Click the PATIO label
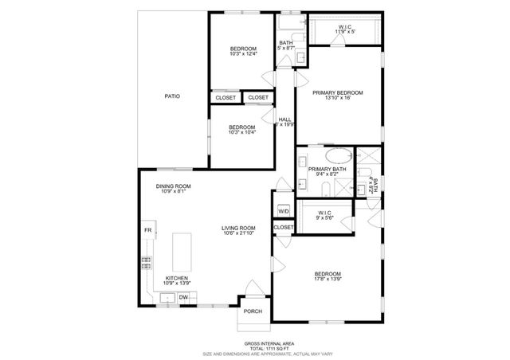(172, 96)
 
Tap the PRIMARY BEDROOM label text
(337, 93)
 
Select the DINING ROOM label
(173, 186)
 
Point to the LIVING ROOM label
(238, 229)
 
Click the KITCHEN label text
(176, 279)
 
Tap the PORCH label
(253, 311)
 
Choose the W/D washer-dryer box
(284, 211)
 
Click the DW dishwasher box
(182, 298)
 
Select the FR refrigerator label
(147, 230)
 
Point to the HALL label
(284, 119)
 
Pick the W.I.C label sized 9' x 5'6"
(324, 218)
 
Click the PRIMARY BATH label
(327, 169)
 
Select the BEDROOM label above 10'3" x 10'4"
(241, 127)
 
